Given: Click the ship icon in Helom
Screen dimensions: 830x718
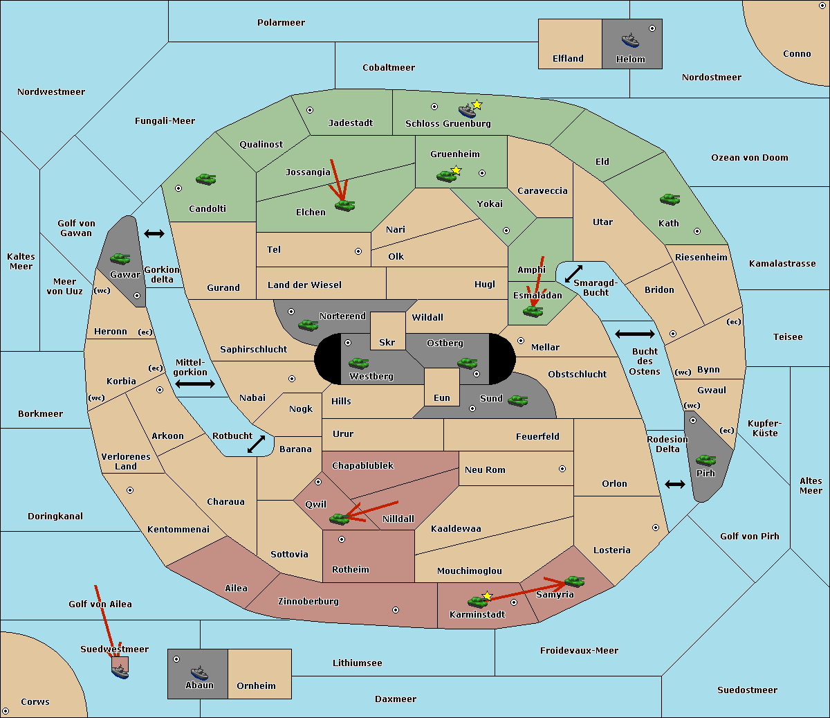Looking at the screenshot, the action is (630, 40).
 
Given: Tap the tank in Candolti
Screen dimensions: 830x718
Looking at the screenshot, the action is (205, 179).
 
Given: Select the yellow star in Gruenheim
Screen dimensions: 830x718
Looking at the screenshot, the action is (456, 170).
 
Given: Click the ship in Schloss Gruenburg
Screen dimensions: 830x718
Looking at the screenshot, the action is (468, 111).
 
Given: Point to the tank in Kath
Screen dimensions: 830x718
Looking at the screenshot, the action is (670, 199).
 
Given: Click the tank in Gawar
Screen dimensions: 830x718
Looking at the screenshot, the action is (120, 258).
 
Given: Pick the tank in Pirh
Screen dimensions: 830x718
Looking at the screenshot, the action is (705, 460).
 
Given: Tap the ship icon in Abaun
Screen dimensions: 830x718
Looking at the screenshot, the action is (199, 672).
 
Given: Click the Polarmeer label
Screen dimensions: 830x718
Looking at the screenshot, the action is (281, 23).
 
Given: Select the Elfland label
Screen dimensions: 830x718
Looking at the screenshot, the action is (568, 59).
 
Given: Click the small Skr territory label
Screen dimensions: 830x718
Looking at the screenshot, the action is (387, 342).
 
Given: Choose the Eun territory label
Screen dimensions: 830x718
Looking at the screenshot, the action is (442, 397).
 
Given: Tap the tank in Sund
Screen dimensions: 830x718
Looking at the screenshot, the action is (517, 400).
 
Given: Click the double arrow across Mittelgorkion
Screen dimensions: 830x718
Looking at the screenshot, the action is (195, 384).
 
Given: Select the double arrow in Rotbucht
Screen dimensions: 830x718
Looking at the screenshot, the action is (256, 444).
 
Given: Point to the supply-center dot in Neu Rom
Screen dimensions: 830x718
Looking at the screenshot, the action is (562, 469).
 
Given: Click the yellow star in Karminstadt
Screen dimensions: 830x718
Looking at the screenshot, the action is (487, 595).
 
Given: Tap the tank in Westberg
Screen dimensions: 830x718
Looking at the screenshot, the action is (358, 363).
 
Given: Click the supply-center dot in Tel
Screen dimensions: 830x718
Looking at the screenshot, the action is (358, 251).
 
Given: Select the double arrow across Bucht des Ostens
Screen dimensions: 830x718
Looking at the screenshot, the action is (635, 334).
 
